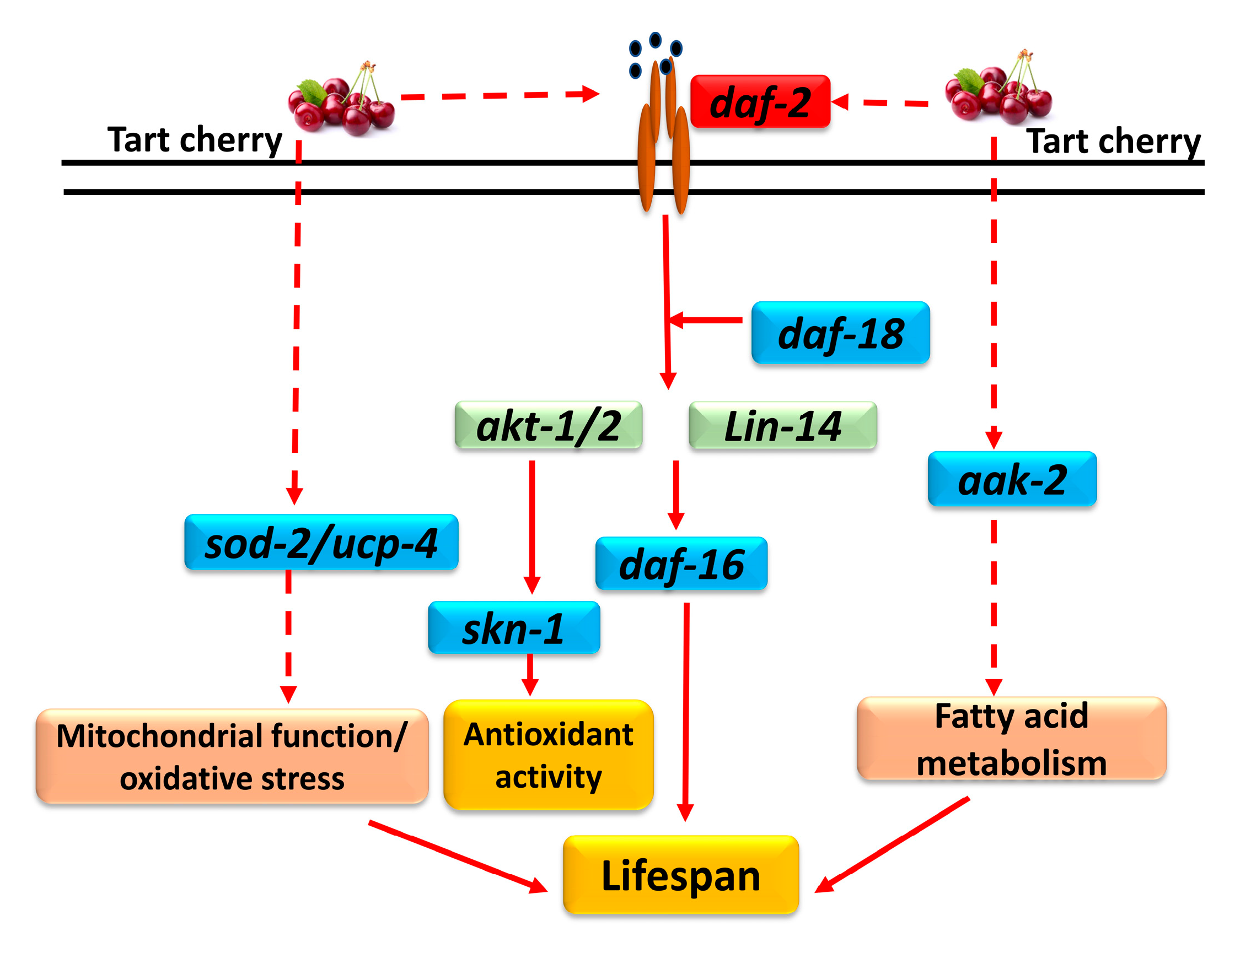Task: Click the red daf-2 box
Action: (759, 102)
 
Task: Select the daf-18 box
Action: (840, 333)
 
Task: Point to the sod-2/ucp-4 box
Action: (321, 542)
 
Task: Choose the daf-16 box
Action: (681, 564)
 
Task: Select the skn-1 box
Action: (513, 627)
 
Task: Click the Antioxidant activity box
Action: (548, 755)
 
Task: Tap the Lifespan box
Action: (680, 874)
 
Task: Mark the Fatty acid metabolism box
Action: (1011, 739)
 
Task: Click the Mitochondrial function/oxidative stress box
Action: (232, 756)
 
